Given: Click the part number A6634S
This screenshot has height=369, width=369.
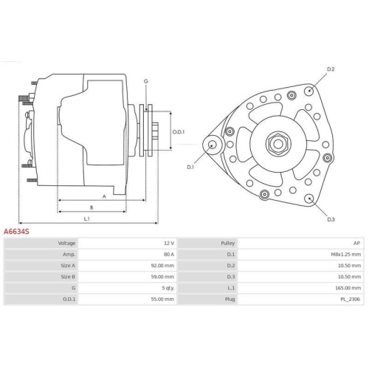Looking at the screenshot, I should [x=16, y=232].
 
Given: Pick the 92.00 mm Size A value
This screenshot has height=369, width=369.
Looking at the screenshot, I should [x=162, y=266].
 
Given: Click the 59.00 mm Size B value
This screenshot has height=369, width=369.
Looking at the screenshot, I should [x=162, y=277].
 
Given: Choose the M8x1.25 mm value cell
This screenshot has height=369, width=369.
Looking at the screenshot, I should [x=345, y=254].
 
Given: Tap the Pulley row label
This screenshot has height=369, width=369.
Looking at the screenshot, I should [x=228, y=243].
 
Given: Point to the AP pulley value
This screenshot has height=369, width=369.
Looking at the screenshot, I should [x=356, y=243].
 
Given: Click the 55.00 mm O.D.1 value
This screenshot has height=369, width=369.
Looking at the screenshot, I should [x=162, y=300].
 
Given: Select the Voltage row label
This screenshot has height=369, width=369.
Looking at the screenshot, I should [x=67, y=243].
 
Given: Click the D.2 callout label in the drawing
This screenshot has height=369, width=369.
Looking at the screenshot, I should [x=331, y=69].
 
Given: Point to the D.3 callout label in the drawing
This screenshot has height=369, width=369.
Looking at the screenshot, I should [x=331, y=219].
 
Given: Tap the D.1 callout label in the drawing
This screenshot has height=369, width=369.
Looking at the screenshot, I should [x=190, y=167].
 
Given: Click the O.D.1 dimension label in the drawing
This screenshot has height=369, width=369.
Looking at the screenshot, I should [x=178, y=132].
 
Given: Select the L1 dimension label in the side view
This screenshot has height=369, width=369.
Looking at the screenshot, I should [x=86, y=218].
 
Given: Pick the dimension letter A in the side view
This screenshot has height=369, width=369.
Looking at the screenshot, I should [x=104, y=196].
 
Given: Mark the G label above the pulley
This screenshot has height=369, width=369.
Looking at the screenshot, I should [x=146, y=80].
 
